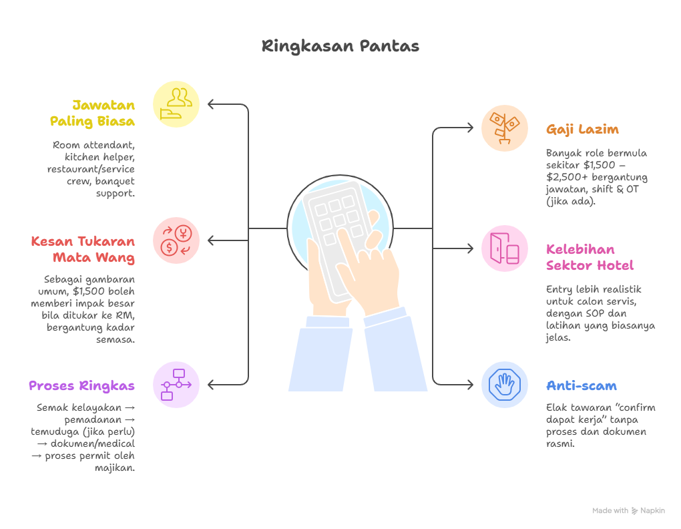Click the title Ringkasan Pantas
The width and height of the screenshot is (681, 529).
[340, 46]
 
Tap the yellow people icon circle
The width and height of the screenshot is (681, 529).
[176, 104]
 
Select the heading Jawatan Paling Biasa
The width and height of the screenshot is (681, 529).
[93, 114]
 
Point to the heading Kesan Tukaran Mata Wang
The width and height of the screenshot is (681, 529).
[83, 249]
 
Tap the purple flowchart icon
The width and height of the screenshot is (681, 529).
[176, 385]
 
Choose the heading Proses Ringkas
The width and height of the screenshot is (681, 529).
[81, 386]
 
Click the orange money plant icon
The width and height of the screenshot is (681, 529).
[505, 128]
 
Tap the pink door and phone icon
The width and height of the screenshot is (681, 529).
[505, 248]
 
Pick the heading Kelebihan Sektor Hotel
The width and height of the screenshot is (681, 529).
[590, 257]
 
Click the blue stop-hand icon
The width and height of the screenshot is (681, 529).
[505, 385]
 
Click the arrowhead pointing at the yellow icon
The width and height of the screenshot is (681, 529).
[210, 104]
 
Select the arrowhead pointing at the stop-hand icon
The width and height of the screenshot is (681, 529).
[471, 385]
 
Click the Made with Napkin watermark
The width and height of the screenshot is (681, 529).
[628, 511]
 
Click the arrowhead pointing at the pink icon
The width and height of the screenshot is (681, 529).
[471, 248]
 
